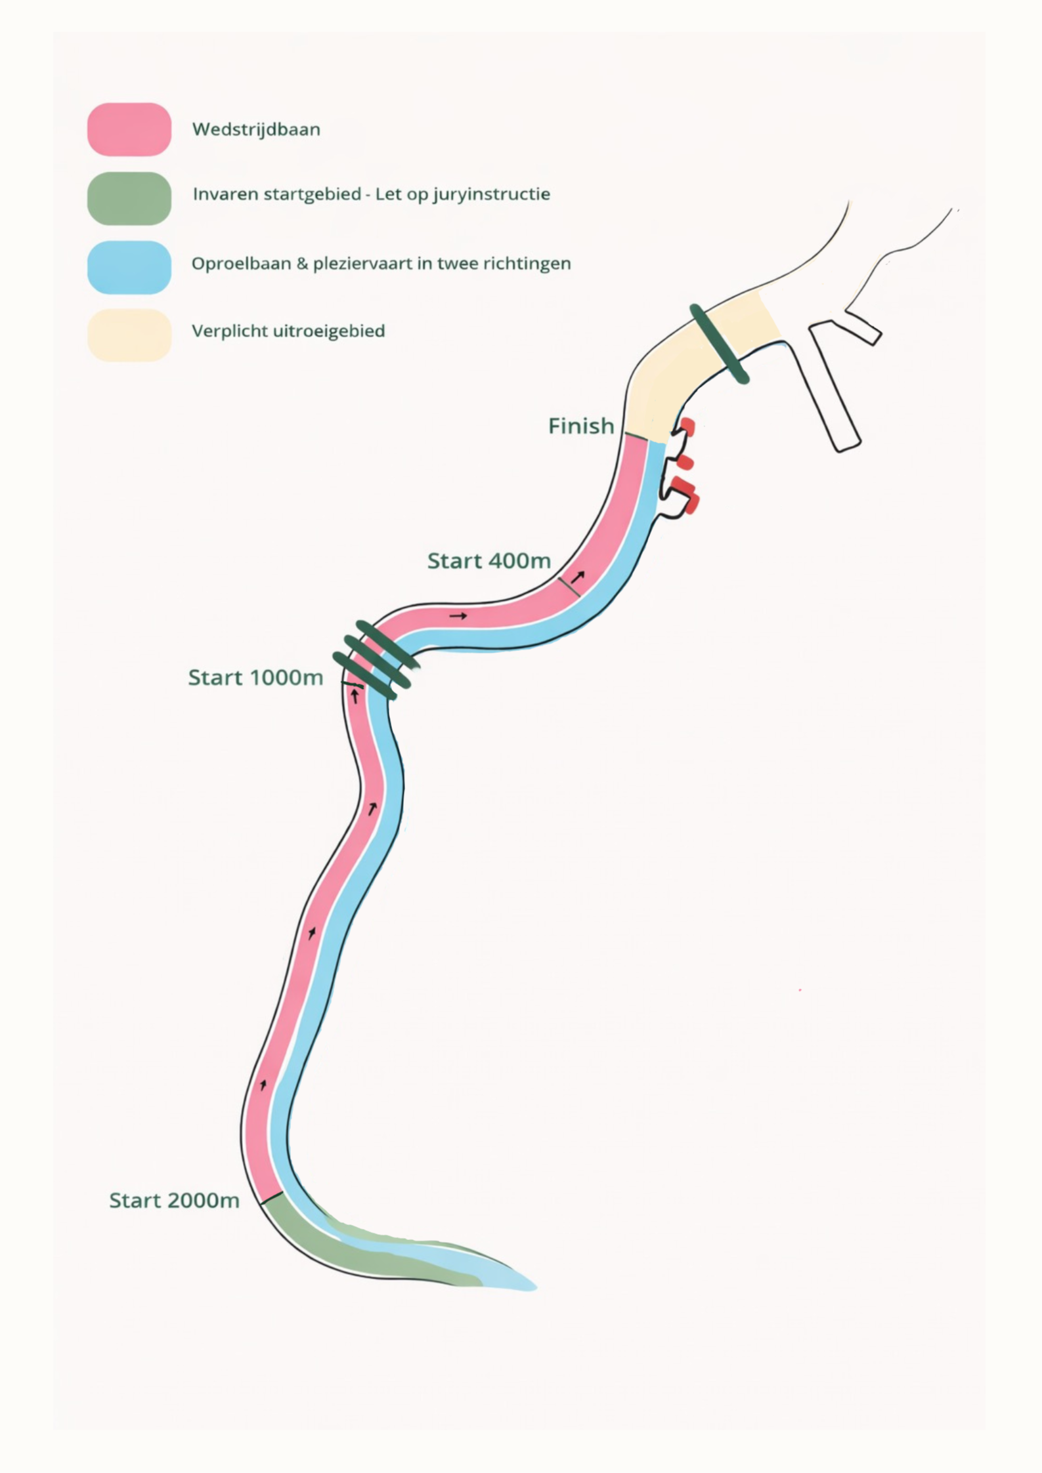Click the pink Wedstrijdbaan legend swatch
[129, 129]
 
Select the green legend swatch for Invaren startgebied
[129, 198]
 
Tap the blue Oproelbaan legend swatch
[129, 267]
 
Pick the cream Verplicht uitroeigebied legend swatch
[129, 335]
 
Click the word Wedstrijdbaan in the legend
[256, 129]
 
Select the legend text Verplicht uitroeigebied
[288, 331]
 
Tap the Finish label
[580, 426]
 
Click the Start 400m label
[488, 561]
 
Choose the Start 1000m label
[255, 678]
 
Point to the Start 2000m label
[174, 1201]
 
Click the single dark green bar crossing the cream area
[719, 344]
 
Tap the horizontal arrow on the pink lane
[458, 616]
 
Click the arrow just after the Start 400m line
[578, 577]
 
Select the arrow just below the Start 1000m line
[355, 697]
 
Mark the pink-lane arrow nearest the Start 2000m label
[263, 1085]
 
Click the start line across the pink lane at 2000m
[272, 1198]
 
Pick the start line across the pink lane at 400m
[569, 587]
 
